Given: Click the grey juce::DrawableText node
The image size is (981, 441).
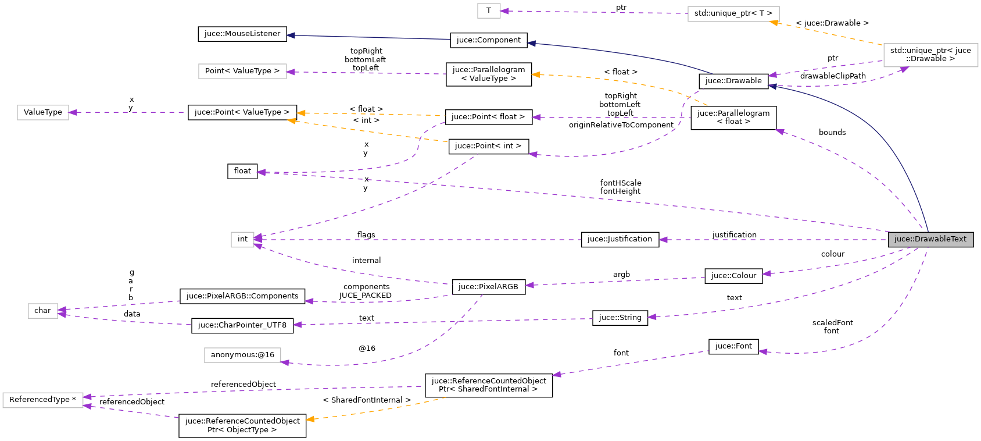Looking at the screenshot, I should [x=930, y=239].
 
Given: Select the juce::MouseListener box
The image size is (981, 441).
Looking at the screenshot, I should [x=242, y=34].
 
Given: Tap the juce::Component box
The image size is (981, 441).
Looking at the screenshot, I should [x=488, y=40].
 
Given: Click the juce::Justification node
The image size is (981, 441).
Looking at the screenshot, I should [x=620, y=239].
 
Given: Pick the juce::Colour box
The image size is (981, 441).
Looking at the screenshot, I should [x=733, y=276].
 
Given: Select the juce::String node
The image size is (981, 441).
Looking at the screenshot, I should [x=620, y=318].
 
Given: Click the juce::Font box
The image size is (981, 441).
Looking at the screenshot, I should [x=733, y=346].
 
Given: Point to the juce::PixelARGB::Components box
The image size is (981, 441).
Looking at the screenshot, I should [x=242, y=296].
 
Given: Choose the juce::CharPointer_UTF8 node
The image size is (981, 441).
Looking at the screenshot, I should [x=242, y=325].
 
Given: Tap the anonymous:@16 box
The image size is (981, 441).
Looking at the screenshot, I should [x=242, y=355].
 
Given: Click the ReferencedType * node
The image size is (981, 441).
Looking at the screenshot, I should [x=42, y=400].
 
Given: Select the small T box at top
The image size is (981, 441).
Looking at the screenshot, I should [x=489, y=10].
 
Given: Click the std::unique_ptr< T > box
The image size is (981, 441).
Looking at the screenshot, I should [x=733, y=13].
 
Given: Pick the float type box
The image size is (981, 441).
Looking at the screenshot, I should [x=242, y=171].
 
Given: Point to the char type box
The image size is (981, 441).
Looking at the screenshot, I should [x=42, y=311].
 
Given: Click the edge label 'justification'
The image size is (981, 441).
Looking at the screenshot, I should [x=734, y=234].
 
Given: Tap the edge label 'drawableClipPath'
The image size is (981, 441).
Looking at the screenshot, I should [x=832, y=76].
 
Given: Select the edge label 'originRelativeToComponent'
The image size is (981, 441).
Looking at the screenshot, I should [x=621, y=125].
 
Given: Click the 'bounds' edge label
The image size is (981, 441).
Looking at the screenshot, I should [x=832, y=132].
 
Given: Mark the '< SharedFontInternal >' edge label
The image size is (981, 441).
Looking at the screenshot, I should [x=367, y=400].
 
